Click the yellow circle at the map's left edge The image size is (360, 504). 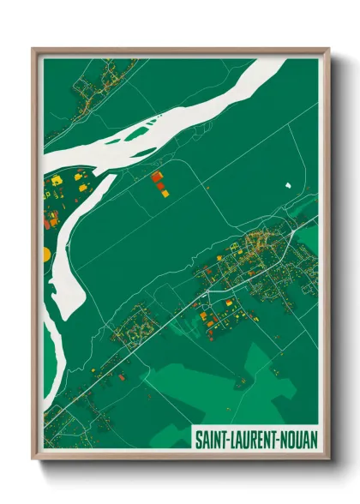[x=46, y=254]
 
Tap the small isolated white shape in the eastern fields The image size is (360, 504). [x=289, y=184]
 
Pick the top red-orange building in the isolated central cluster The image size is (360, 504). [x=156, y=177]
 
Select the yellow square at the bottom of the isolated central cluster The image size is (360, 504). [x=164, y=194]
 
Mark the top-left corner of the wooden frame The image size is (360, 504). [x=33, y=49]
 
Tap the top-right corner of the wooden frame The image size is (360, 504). [x=329, y=49]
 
